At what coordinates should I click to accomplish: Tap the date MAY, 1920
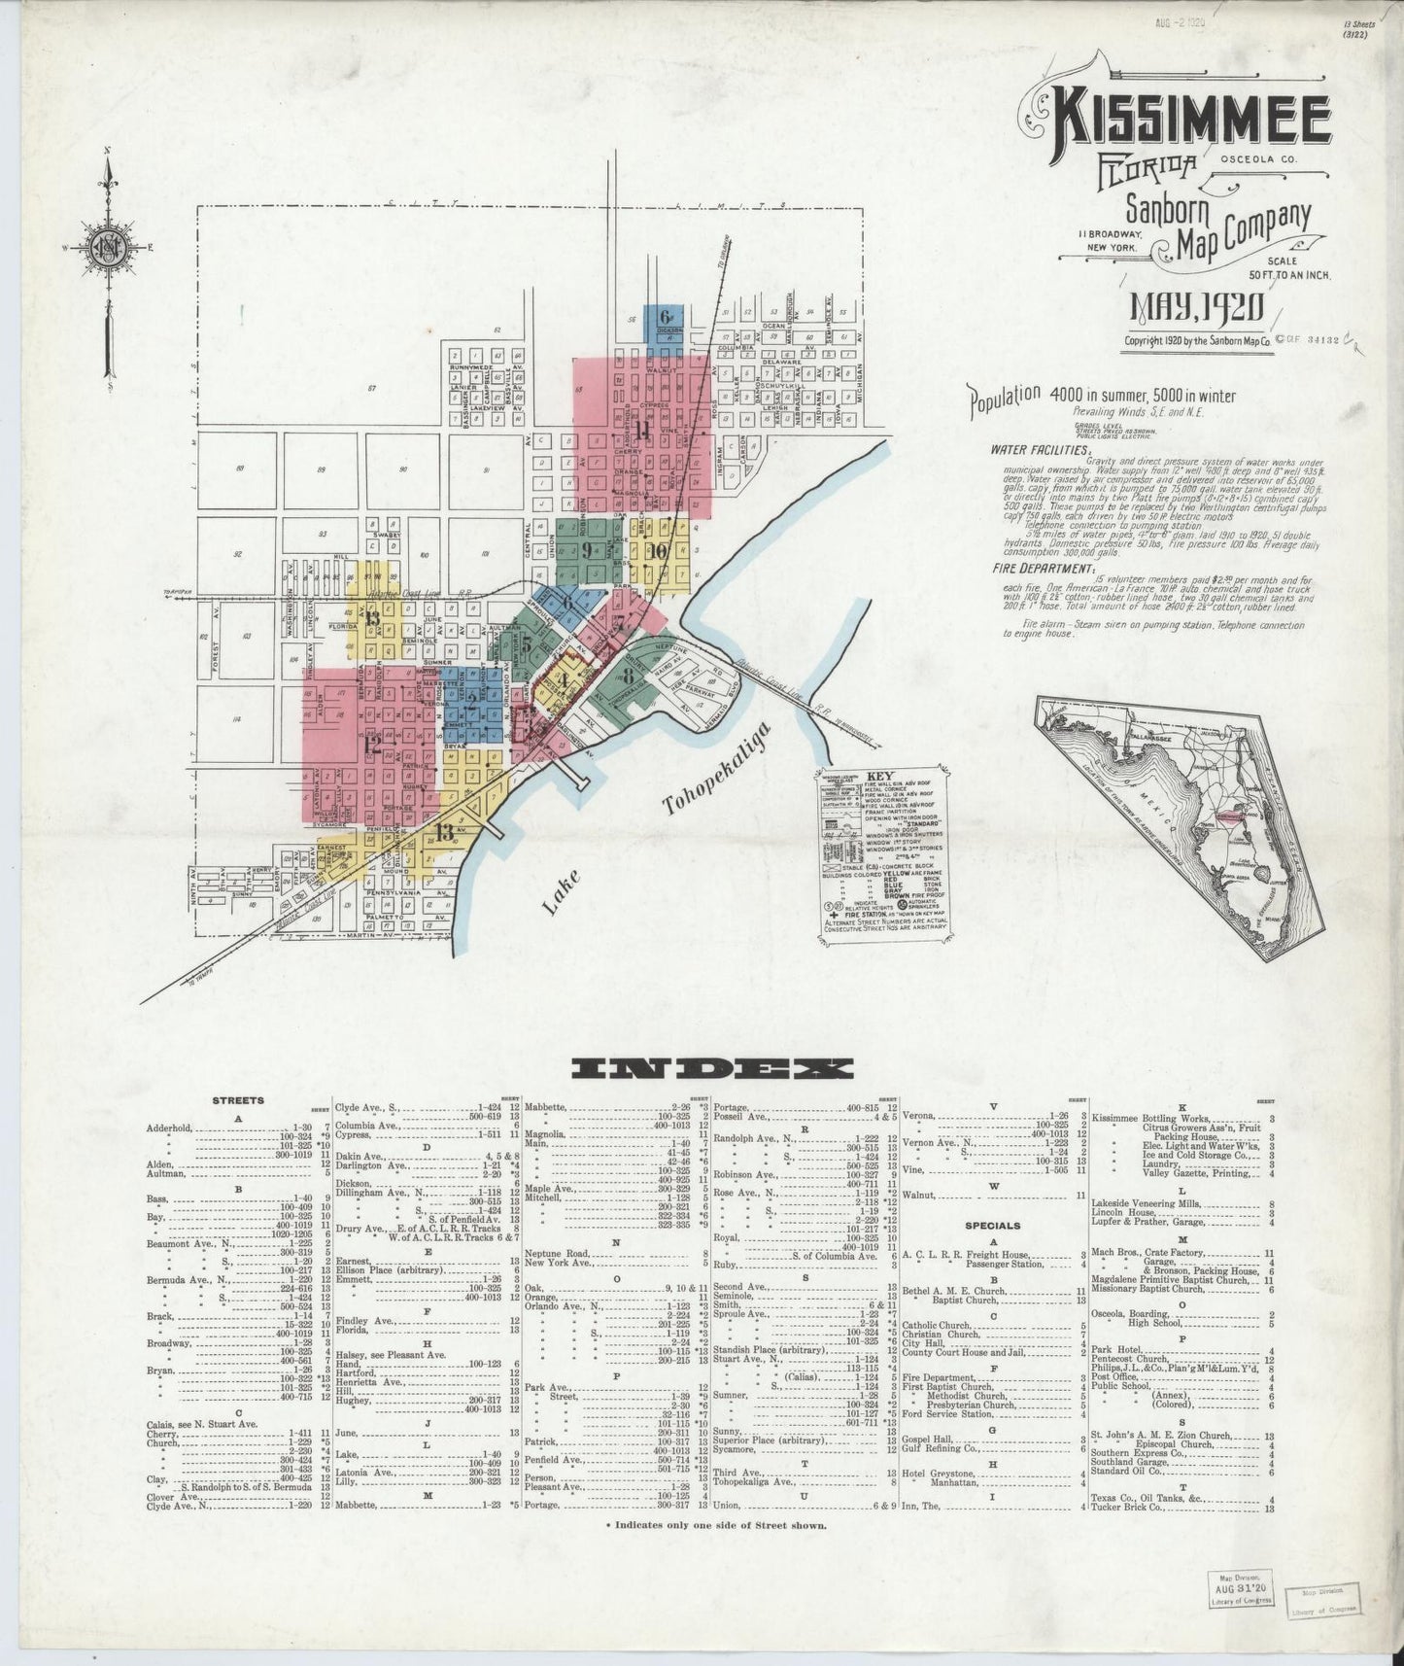tap(1195, 309)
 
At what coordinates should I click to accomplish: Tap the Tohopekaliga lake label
tap(714, 769)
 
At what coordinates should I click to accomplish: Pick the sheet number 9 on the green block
tap(588, 550)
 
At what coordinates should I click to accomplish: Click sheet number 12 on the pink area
tap(373, 746)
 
